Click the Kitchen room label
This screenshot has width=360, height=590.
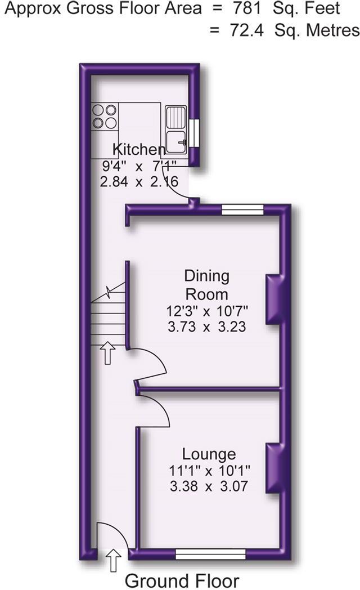[x=139, y=150]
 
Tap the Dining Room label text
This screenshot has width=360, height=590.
[x=207, y=285]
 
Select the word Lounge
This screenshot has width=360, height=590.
[x=209, y=454]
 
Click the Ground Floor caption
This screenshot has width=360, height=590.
[x=182, y=580]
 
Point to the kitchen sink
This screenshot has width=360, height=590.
[x=176, y=127]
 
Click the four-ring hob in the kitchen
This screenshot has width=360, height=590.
[x=105, y=116]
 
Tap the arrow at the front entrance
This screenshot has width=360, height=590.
[x=113, y=560]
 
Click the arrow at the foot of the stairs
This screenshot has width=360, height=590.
[x=107, y=354]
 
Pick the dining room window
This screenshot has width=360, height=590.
[x=242, y=210]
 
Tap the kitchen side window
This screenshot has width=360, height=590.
[x=193, y=133]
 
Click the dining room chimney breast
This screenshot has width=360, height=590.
[x=273, y=299]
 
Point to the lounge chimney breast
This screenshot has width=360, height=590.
[x=273, y=469]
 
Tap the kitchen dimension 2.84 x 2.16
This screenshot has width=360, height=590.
[x=139, y=182]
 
